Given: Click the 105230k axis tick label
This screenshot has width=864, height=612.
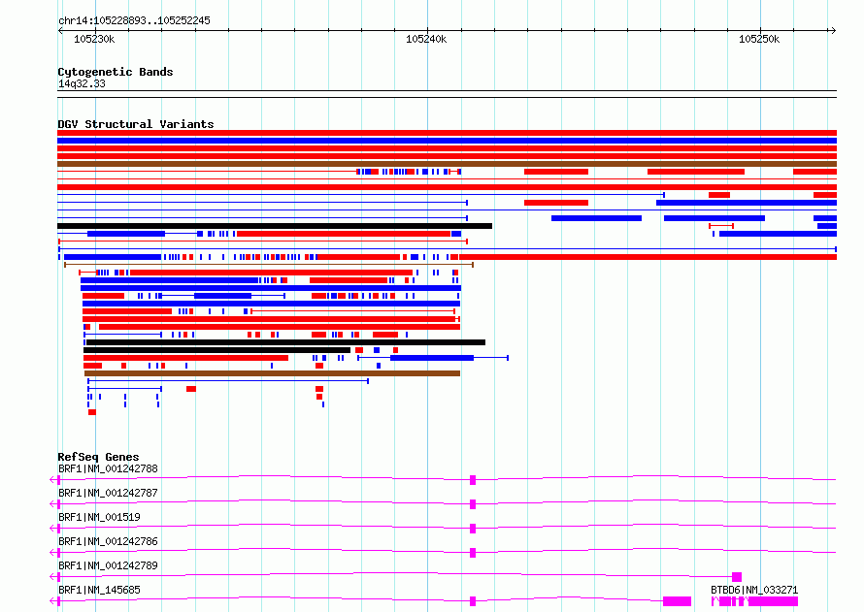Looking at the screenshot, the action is [x=94, y=39].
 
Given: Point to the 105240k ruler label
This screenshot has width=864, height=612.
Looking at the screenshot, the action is [x=426, y=39].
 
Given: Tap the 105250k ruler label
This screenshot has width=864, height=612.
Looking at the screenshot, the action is [x=759, y=39].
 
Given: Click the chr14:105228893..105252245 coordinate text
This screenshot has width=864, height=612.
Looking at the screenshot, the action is [x=134, y=21].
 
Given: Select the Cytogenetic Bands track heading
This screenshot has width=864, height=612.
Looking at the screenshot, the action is [x=116, y=72].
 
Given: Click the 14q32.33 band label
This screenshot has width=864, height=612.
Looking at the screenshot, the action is [x=82, y=83].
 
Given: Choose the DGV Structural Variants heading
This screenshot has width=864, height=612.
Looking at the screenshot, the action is [x=136, y=124].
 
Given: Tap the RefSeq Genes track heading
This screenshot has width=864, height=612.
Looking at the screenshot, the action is [x=98, y=457].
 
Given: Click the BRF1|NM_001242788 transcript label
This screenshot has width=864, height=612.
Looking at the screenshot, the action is [x=108, y=468].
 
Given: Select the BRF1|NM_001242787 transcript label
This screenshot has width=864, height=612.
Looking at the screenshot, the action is [x=108, y=493].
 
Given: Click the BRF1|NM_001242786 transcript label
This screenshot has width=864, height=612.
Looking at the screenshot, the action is [x=108, y=541].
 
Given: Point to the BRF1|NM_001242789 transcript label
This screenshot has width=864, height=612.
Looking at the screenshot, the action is [x=108, y=565].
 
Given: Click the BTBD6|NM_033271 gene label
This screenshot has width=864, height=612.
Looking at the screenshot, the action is [x=754, y=590].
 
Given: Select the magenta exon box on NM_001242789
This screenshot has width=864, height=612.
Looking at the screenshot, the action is [x=737, y=577].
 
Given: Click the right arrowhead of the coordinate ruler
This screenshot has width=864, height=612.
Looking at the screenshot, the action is [x=834, y=30].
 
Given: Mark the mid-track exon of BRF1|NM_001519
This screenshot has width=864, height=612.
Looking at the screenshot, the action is [x=473, y=529].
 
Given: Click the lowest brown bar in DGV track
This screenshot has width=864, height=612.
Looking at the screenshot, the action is [x=272, y=373].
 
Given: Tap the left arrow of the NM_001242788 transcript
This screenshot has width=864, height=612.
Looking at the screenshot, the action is [x=52, y=480].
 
